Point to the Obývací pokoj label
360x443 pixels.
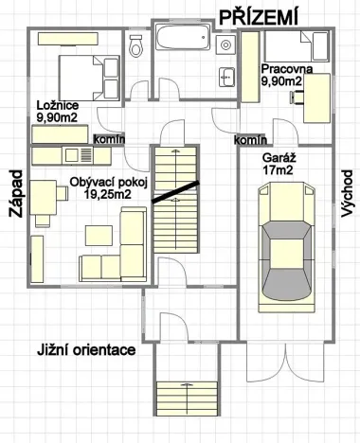(106, 182)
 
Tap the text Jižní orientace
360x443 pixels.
(86, 349)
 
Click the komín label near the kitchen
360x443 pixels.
(105, 139)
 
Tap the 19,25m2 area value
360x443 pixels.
(106, 194)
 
